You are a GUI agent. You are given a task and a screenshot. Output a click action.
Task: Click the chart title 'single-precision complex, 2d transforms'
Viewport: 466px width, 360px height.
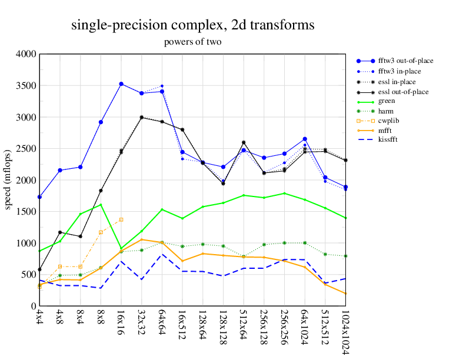point(192,25)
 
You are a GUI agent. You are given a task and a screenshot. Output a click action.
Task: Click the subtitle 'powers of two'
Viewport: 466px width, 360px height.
point(192,42)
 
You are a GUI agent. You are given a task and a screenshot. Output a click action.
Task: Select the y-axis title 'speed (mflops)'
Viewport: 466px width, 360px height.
point(8,180)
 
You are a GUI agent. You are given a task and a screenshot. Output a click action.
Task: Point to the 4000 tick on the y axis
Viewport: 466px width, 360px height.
point(26,54)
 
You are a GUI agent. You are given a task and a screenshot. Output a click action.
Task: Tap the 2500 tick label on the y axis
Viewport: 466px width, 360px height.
point(26,149)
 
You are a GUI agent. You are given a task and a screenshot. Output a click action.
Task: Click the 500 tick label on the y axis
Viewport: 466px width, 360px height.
point(28,275)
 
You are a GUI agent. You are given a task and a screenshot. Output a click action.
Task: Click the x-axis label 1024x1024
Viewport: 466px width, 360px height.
point(345,332)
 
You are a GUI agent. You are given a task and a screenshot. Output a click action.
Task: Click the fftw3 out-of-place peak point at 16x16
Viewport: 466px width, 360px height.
point(121,84)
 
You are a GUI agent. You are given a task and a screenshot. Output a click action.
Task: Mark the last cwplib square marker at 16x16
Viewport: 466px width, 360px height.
point(121,219)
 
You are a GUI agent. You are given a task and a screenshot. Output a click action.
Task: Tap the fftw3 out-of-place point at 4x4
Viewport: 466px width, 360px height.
point(39,197)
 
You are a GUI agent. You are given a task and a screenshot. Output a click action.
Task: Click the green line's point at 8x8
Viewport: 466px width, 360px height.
point(101,205)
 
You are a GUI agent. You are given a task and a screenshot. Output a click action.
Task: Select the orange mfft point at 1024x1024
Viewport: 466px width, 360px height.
point(345,294)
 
